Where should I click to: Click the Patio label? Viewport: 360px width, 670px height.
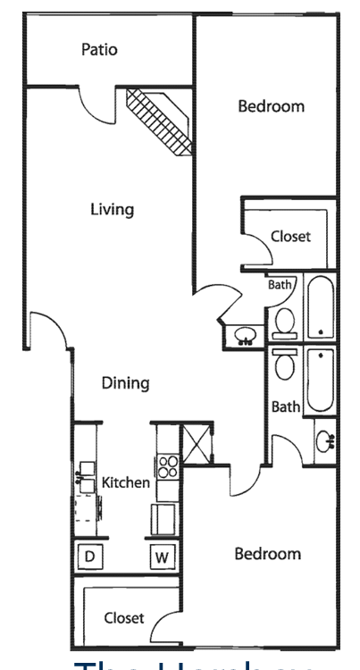click(98, 50)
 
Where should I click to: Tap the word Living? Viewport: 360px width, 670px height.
click(112, 210)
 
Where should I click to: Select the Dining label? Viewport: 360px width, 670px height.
click(124, 383)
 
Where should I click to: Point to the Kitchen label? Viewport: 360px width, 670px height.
click(126, 482)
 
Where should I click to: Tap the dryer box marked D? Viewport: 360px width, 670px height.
click(89, 557)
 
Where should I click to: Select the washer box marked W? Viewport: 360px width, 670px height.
click(162, 557)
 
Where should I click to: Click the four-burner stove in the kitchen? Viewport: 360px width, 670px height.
click(169, 465)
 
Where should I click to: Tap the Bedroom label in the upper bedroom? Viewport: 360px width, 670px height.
click(271, 106)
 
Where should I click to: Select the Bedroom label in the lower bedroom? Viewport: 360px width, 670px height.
click(267, 554)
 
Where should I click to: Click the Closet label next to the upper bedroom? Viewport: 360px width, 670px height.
click(290, 237)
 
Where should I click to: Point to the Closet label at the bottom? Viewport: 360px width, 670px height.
click(123, 617)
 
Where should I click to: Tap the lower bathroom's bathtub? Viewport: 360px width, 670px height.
click(321, 380)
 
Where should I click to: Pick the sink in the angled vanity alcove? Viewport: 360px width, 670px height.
click(244, 337)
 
